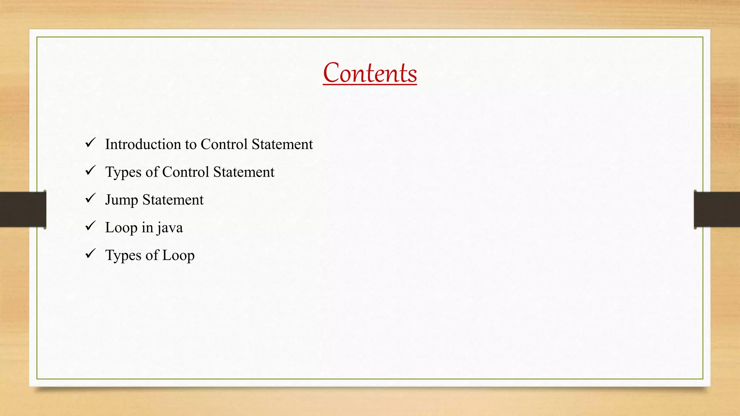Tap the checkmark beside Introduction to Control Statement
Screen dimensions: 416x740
point(90,143)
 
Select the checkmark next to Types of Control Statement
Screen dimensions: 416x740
point(90,170)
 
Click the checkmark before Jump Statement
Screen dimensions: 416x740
point(90,198)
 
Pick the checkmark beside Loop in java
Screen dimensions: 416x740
point(90,226)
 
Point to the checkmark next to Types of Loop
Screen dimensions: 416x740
point(90,254)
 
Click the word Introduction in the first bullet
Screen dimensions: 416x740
point(143,144)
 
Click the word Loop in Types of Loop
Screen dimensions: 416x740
point(178,255)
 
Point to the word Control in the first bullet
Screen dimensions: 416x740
point(224,144)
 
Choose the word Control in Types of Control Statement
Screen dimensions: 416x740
point(186,172)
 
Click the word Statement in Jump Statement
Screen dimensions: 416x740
point(173,200)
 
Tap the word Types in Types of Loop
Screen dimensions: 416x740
point(123,255)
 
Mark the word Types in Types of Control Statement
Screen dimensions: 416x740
point(123,172)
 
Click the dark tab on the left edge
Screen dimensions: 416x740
point(23,209)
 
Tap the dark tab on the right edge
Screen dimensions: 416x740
point(717,209)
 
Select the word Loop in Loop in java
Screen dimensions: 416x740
point(121,228)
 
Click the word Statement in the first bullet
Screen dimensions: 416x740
point(282,144)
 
